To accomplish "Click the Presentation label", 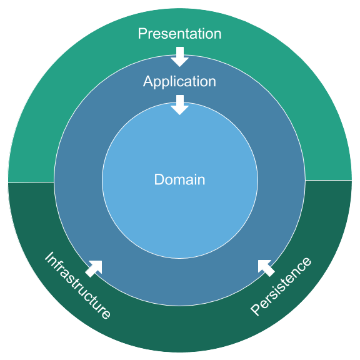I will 179,34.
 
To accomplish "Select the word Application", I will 179,82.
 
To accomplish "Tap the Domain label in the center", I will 179,180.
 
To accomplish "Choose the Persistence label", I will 281,286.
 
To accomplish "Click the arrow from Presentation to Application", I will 180,56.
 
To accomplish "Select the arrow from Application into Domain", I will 180,104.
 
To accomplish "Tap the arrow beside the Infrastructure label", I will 93,268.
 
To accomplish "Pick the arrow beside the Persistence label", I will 266,267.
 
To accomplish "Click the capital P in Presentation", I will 142,34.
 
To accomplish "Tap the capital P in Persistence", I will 256,309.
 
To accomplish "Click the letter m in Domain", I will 181,181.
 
